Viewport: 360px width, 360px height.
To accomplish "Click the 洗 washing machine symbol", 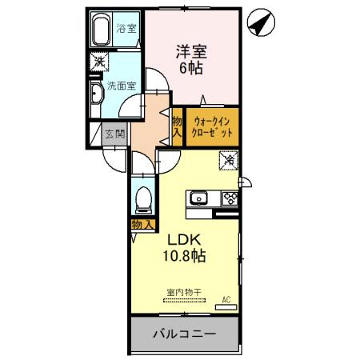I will pos(98,62).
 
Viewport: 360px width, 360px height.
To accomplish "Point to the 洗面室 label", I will pos(120,86).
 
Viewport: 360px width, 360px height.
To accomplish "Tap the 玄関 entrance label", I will pos(114,134).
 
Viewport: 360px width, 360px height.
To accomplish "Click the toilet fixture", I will pos(144,197).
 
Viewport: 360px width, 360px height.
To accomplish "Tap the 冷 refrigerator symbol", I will pos(228,161).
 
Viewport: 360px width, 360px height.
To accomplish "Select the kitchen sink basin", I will pos(198,198).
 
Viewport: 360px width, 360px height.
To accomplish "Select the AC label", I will pos(226,299).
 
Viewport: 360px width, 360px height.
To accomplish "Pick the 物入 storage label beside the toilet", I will pos(142,225).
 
